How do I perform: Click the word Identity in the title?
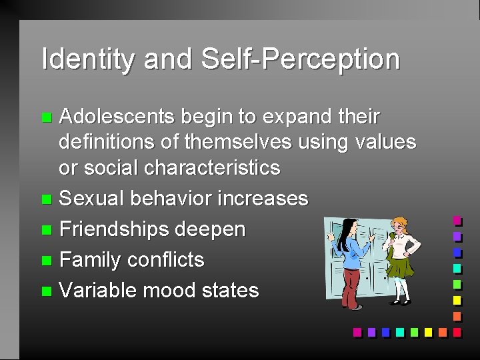click(x=87, y=59)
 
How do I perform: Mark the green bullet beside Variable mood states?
click(x=45, y=291)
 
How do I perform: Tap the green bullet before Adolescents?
click(x=45, y=118)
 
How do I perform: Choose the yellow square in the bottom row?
click(x=428, y=331)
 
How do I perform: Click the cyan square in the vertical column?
click(x=457, y=268)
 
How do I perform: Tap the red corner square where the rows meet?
click(x=457, y=331)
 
